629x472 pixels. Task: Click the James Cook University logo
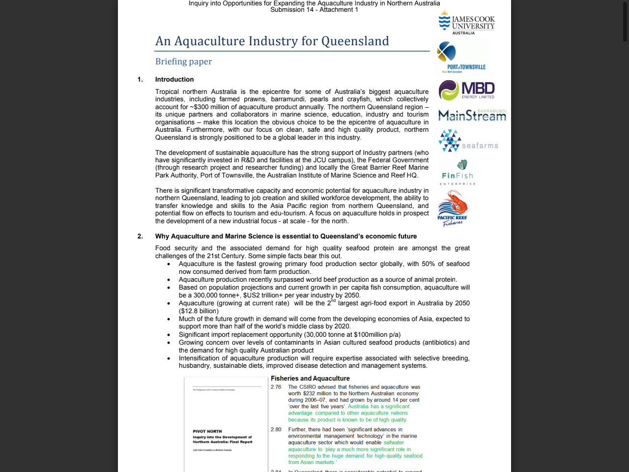(466, 23)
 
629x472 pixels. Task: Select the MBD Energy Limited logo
(466, 90)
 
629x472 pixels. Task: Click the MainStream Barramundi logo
(472, 115)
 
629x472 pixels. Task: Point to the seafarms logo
(468, 141)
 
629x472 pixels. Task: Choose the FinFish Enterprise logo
(457, 173)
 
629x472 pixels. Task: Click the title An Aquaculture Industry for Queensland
(272, 41)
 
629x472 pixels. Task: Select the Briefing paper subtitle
(183, 61)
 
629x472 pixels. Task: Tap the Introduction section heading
(174, 79)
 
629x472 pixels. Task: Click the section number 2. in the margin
(140, 236)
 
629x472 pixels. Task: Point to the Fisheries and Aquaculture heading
(310, 378)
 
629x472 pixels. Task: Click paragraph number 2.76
(276, 387)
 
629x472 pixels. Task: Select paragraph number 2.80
(276, 429)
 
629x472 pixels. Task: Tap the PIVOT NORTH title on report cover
(207, 431)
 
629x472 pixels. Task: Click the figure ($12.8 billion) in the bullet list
(199, 311)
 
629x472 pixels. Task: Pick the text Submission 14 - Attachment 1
(314, 10)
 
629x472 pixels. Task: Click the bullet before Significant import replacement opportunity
(169, 335)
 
